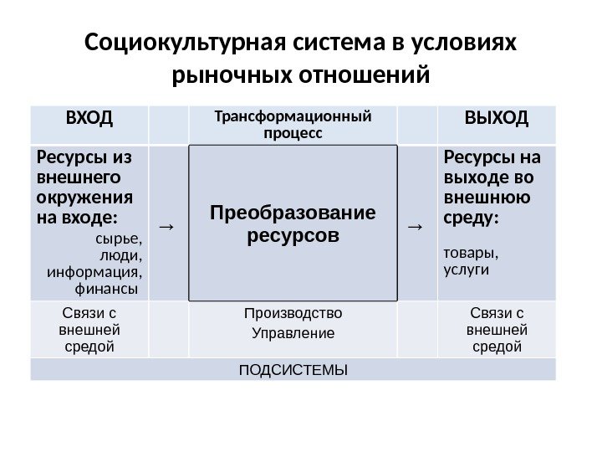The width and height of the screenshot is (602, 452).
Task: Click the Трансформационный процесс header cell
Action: (293, 122)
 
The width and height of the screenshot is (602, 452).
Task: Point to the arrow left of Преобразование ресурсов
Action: (166, 225)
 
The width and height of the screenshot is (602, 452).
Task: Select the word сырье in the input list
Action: (123, 241)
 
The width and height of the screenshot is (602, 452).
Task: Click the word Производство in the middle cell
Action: (293, 314)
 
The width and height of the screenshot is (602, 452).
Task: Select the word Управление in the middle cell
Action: (293, 333)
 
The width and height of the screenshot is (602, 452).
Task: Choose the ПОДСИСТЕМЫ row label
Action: (293, 369)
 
